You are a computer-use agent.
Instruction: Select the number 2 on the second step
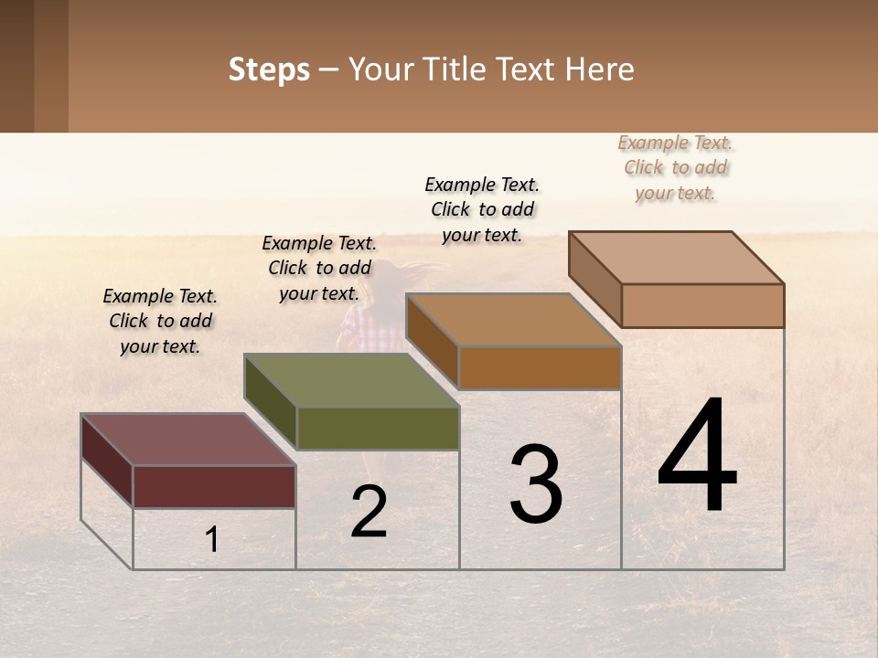coord(369,512)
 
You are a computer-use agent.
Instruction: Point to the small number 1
coord(212,540)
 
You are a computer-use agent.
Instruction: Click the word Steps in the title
coord(269,69)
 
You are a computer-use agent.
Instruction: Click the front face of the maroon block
coord(214,486)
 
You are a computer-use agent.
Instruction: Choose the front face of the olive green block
coord(378,428)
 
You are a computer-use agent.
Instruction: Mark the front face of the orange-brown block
coord(540,367)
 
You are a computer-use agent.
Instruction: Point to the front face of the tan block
coord(702,305)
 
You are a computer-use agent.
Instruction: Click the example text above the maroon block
coord(160,321)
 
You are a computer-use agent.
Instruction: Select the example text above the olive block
coord(319,268)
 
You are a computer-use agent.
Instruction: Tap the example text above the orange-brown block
coord(482,209)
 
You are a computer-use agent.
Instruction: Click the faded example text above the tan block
coord(676,167)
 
